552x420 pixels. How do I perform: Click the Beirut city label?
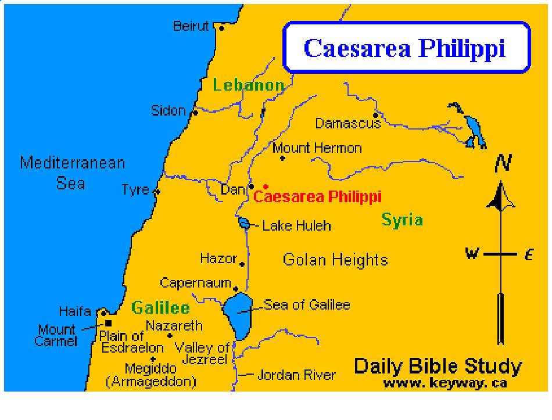191,26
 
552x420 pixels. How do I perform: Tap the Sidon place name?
169,110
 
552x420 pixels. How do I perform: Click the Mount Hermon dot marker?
282,158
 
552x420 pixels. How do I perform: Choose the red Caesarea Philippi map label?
317,197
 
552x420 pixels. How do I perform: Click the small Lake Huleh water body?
244,224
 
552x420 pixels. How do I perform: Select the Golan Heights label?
335,259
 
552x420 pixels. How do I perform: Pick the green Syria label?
402,220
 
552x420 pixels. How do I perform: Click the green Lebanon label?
248,85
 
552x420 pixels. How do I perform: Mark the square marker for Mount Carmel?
108,323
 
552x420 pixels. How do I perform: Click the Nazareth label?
174,325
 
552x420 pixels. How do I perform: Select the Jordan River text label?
296,375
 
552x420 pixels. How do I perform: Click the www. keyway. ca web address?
445,383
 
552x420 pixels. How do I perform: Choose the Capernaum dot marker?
235,289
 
